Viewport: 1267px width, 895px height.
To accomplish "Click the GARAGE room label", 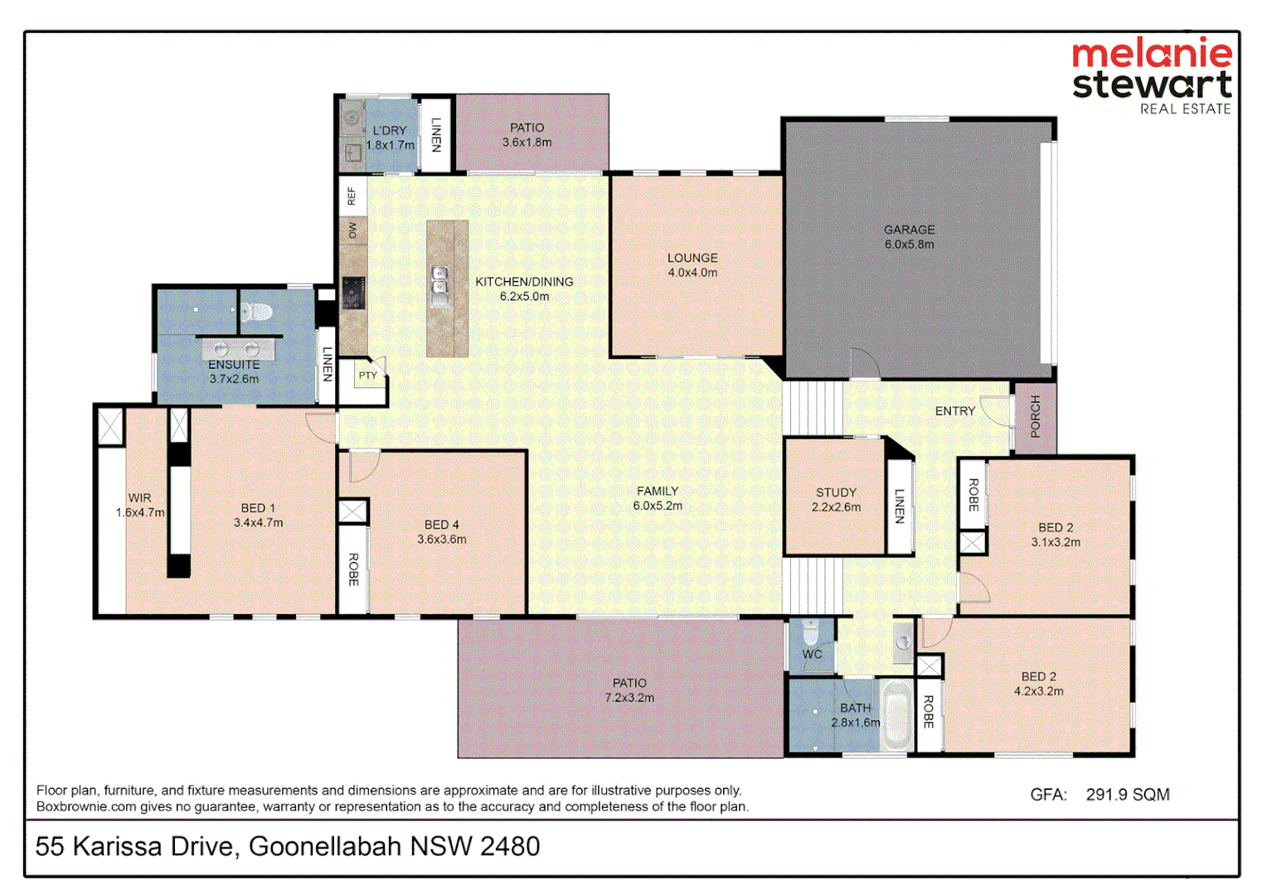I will pyautogui.click(x=909, y=230).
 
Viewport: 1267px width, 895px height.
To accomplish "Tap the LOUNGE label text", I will pyautogui.click(x=692, y=258).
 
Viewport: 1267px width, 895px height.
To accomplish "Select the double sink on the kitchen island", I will pyautogui.click(x=439, y=281).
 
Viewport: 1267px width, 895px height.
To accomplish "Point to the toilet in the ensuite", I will pyautogui.click(x=257, y=312).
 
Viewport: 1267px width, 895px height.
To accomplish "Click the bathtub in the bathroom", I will pyautogui.click(x=896, y=716).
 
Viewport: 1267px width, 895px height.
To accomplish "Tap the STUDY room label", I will pyautogui.click(x=836, y=492).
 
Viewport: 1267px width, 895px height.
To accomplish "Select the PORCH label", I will pyautogui.click(x=1035, y=417).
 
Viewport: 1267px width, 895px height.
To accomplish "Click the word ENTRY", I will pyautogui.click(x=955, y=411).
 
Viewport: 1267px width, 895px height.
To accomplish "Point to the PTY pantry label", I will pyautogui.click(x=367, y=375).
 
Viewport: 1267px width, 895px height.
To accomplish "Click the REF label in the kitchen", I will pyautogui.click(x=352, y=196).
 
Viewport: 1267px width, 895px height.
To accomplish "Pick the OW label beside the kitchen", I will pyautogui.click(x=352, y=230).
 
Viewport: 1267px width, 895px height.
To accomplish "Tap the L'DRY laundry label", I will pyautogui.click(x=390, y=130).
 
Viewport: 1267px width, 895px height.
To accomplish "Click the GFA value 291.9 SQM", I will pyautogui.click(x=1127, y=795).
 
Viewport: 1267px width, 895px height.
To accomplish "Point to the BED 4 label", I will pyautogui.click(x=441, y=525).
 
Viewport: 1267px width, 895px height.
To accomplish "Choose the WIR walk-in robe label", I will pyautogui.click(x=139, y=498).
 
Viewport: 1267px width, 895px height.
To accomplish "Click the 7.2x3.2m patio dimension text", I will pyautogui.click(x=629, y=698).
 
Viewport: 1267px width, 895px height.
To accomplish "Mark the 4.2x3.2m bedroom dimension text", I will pyautogui.click(x=1038, y=691).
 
